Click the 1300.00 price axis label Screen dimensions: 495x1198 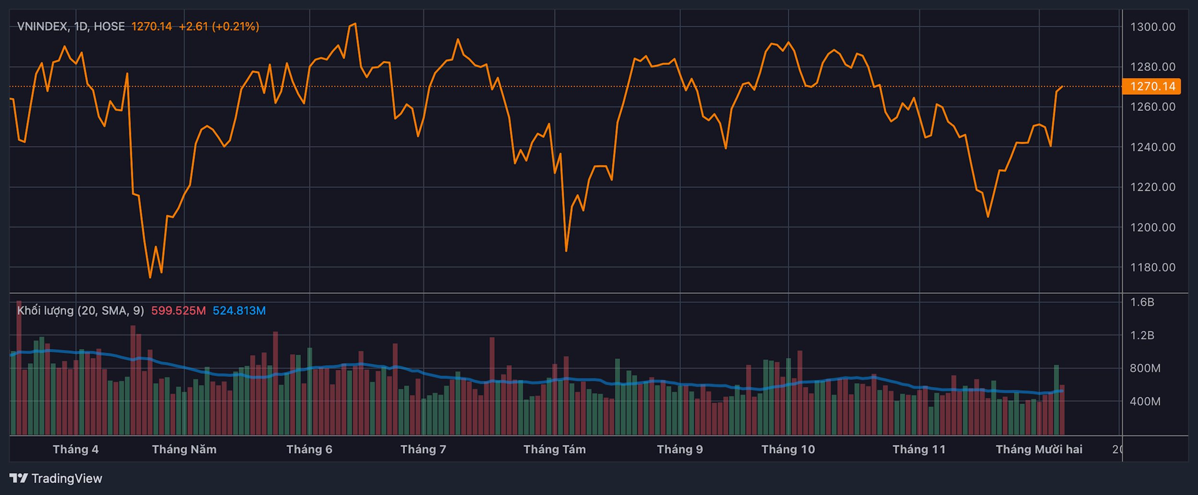[x=1152, y=27]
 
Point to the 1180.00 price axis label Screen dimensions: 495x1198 [x=1152, y=267]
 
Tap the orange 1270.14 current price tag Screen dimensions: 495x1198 [x=1152, y=86]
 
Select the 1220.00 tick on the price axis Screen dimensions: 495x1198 [x=1152, y=187]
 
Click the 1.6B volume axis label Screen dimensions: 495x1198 [x=1142, y=302]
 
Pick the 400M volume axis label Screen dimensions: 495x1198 [x=1145, y=401]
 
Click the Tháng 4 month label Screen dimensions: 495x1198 [x=75, y=449]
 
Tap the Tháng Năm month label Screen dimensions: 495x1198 [x=184, y=449]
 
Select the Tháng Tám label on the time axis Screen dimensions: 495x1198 [x=554, y=449]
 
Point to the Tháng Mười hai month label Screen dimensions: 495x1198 [x=1038, y=449]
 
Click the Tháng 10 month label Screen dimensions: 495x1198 [x=788, y=449]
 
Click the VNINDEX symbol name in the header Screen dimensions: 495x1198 [x=42, y=26]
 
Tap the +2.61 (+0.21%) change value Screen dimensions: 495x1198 [x=218, y=26]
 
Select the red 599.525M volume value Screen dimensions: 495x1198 [x=178, y=311]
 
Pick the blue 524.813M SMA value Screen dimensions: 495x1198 [x=239, y=311]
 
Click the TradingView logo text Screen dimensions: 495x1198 [x=66, y=479]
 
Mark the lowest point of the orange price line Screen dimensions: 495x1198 [x=150, y=277]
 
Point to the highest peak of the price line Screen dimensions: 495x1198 [x=355, y=24]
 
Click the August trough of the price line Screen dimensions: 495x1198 [x=566, y=251]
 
